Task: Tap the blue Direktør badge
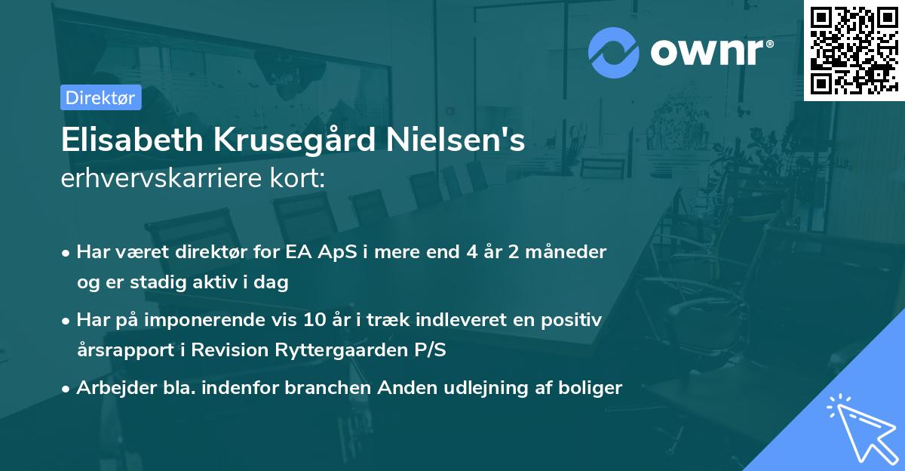coord(100,97)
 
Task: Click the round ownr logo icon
coord(614,52)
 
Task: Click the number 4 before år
coord(468,252)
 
